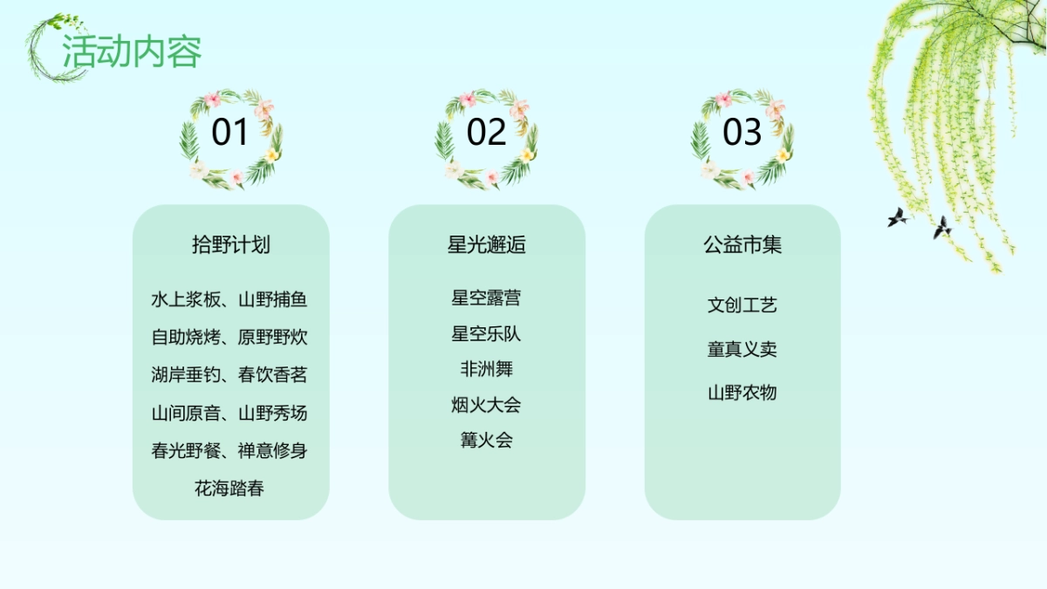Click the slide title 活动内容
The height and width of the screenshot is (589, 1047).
click(132, 51)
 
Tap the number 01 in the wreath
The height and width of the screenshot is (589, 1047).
click(230, 133)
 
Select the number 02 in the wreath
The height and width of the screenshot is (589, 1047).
click(486, 133)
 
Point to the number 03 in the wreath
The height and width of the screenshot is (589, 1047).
click(742, 133)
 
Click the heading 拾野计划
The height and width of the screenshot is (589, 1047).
click(230, 244)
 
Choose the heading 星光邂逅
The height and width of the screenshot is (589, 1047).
click(486, 244)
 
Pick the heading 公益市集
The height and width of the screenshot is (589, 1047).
click(742, 244)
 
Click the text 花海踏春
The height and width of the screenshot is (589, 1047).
click(229, 489)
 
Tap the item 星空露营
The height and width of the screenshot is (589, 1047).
click(486, 298)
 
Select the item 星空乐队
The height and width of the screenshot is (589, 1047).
click(486, 333)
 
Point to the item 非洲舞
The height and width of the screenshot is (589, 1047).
click(486, 369)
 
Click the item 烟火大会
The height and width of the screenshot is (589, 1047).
click(486, 405)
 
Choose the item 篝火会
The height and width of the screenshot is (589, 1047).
click(486, 440)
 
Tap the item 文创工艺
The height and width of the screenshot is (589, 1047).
click(742, 305)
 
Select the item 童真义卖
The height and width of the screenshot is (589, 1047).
click(742, 349)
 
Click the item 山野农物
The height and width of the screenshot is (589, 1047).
click(742, 393)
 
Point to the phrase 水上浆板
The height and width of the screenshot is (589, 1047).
click(185, 300)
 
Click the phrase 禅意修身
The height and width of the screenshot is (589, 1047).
click(272, 451)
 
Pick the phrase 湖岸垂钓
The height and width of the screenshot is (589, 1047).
click(185, 375)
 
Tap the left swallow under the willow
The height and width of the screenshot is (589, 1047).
click(898, 216)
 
